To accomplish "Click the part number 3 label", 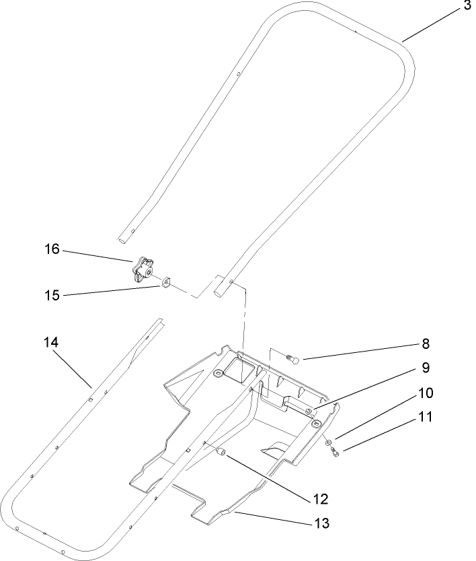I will point(467,7).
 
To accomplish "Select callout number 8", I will point(425,344).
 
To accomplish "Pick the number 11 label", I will point(425,417).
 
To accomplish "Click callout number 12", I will point(320,499).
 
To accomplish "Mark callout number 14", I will point(52,342).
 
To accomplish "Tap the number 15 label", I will point(52,295).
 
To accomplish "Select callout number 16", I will point(52,250).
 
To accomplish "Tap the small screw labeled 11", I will point(335,453).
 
